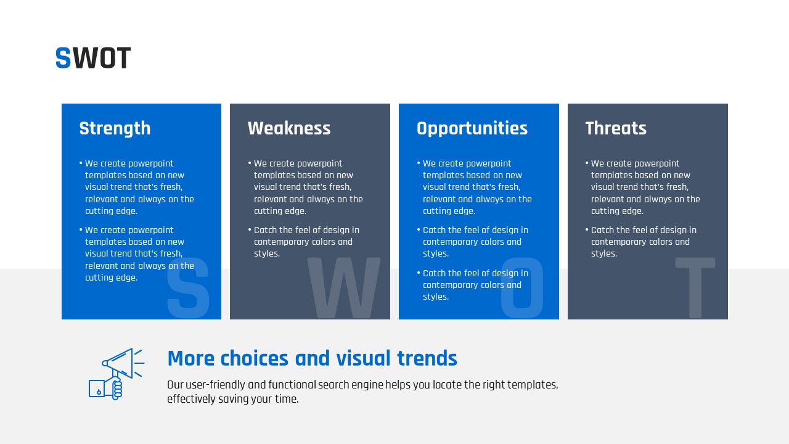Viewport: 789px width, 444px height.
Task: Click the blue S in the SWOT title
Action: tap(63, 57)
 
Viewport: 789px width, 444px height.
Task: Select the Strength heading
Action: tap(115, 129)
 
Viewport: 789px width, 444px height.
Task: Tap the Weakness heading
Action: tap(289, 128)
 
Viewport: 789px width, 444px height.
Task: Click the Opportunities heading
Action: tap(472, 129)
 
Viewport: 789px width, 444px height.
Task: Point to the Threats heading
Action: tap(616, 128)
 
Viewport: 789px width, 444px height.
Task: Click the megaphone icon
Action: tap(117, 374)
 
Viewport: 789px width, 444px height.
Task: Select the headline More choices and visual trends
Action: tap(312, 358)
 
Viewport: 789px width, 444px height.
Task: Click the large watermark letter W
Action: tap(344, 287)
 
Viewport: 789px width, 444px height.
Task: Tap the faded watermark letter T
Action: tap(695, 287)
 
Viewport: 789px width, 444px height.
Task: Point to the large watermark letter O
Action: tap(521, 287)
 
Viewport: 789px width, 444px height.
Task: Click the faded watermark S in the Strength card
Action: tap(188, 287)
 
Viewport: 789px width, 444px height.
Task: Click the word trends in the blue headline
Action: tap(427, 358)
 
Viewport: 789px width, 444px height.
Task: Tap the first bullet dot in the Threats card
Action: tap(587, 163)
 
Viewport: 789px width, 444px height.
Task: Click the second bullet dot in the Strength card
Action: tap(81, 230)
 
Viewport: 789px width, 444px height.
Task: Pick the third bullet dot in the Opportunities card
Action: tap(419, 273)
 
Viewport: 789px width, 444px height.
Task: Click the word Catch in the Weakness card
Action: tap(265, 230)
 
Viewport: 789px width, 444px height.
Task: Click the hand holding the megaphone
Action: tap(114, 388)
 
